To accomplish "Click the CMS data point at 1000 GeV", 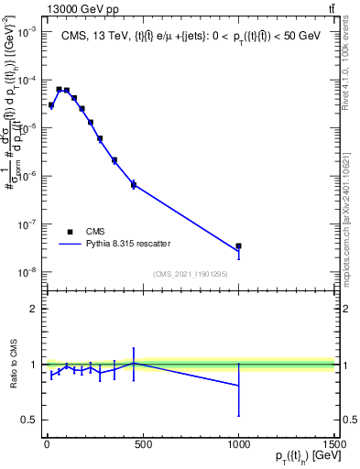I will (x=238, y=246).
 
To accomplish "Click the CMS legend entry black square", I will (x=70, y=232).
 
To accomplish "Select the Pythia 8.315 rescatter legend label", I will (x=128, y=244).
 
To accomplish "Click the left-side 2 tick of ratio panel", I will (x=34, y=309).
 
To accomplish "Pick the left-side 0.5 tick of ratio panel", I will (x=30, y=420).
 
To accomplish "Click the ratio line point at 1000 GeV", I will (x=238, y=386).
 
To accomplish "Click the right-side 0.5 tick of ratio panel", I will (x=347, y=420).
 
